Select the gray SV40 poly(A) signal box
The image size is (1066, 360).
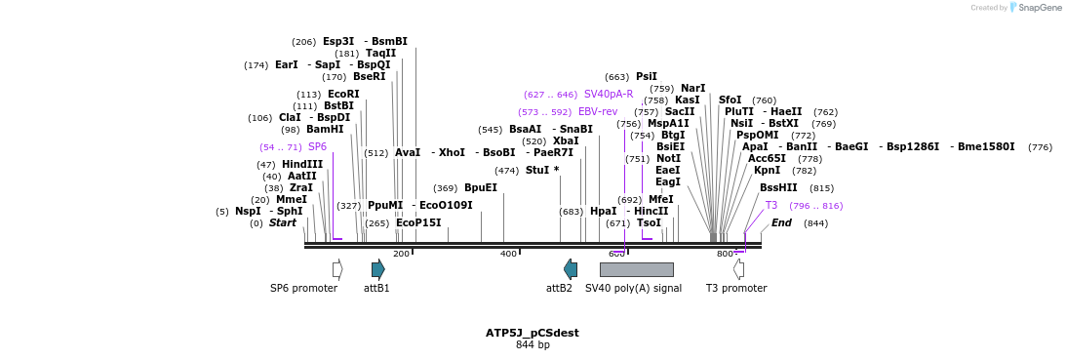[636, 269]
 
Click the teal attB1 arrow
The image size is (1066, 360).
[377, 269]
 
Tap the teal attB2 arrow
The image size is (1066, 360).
[571, 269]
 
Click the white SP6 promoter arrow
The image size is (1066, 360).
[337, 269]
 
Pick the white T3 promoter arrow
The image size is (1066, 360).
[738, 269]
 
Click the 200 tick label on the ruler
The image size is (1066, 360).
[401, 254]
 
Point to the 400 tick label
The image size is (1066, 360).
[508, 254]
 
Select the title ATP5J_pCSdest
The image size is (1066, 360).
[533, 333]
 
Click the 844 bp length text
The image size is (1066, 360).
[533, 345]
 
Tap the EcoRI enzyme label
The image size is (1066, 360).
[343, 95]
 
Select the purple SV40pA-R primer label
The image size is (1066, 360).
[608, 95]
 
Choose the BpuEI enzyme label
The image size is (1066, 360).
[480, 188]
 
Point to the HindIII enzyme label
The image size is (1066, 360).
[302, 165]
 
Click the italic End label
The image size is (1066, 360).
[781, 223]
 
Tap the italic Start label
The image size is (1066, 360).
[282, 223]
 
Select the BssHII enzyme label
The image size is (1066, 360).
[778, 188]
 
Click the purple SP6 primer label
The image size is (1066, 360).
[317, 147]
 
